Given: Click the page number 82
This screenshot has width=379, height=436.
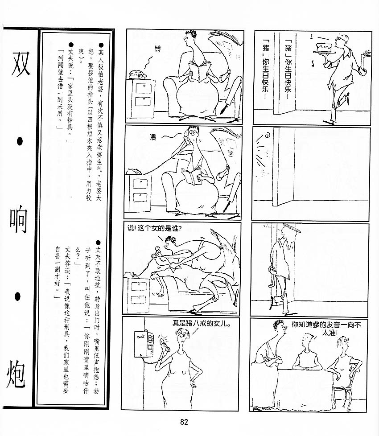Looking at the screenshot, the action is [x=184, y=422].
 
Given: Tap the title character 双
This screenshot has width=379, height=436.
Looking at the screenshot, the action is [x=21, y=64].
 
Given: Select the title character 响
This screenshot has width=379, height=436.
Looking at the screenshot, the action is [x=19, y=221].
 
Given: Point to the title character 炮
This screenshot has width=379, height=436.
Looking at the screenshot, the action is [x=16, y=374].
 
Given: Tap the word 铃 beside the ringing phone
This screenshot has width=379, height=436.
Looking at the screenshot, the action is [x=158, y=49].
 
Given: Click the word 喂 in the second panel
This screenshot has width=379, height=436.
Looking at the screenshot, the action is [x=152, y=137].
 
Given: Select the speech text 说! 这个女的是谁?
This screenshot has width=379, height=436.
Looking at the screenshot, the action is [x=154, y=228].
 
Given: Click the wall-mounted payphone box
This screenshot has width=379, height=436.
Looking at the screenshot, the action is [x=144, y=344].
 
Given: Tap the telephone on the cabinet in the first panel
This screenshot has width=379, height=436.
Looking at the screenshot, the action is [x=138, y=74].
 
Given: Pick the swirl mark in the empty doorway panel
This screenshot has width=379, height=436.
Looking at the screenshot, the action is [x=268, y=136].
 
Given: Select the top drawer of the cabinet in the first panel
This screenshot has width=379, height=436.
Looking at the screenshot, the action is [x=144, y=89].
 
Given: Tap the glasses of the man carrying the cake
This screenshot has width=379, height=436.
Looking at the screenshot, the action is [x=339, y=39].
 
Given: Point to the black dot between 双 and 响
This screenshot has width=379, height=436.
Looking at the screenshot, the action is [x=20, y=142].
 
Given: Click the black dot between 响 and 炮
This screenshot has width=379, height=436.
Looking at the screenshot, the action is [x=17, y=296].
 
